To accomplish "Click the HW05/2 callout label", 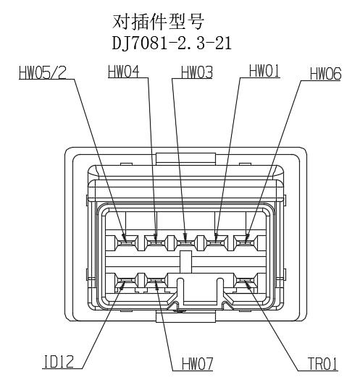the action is pyautogui.click(x=43, y=73).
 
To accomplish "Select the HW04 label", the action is pyautogui.click(x=124, y=72).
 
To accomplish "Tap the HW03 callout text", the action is pyautogui.click(x=197, y=72).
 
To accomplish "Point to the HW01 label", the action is pyautogui.click(x=264, y=71).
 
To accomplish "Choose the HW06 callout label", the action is pyautogui.click(x=326, y=74).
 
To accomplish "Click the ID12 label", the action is pyautogui.click(x=59, y=362).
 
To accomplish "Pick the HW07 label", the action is pyautogui.click(x=197, y=363).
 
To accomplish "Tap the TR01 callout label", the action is pyautogui.click(x=322, y=363).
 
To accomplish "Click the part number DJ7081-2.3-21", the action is pyautogui.click(x=172, y=44).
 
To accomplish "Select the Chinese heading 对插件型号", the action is pyautogui.click(x=158, y=22).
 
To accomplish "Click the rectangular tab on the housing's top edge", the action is pyautogui.click(x=185, y=159).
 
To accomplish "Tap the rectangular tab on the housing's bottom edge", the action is pyautogui.click(x=185, y=316).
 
